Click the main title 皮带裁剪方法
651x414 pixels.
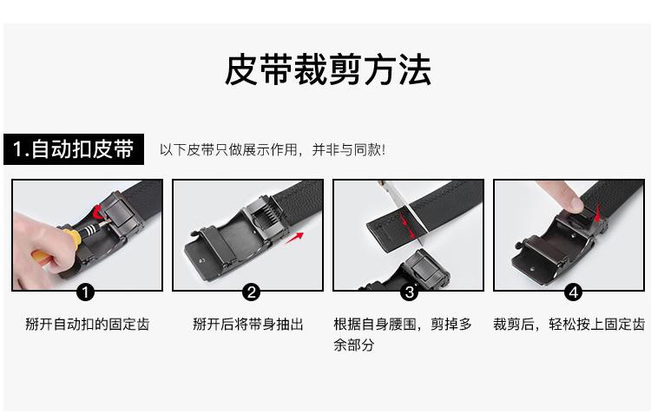coord(327,70)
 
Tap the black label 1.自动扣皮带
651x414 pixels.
coord(74,148)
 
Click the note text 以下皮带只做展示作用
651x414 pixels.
coord(272,149)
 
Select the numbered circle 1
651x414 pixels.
coord(86,292)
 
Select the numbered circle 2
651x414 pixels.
coord(251,292)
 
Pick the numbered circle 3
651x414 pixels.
coord(409,292)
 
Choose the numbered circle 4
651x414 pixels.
coord(572,292)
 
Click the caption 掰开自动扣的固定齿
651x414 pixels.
coord(87,324)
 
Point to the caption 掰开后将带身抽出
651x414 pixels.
coord(248,324)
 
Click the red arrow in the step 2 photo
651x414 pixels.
coord(297,236)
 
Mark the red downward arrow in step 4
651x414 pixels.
coord(596,212)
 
